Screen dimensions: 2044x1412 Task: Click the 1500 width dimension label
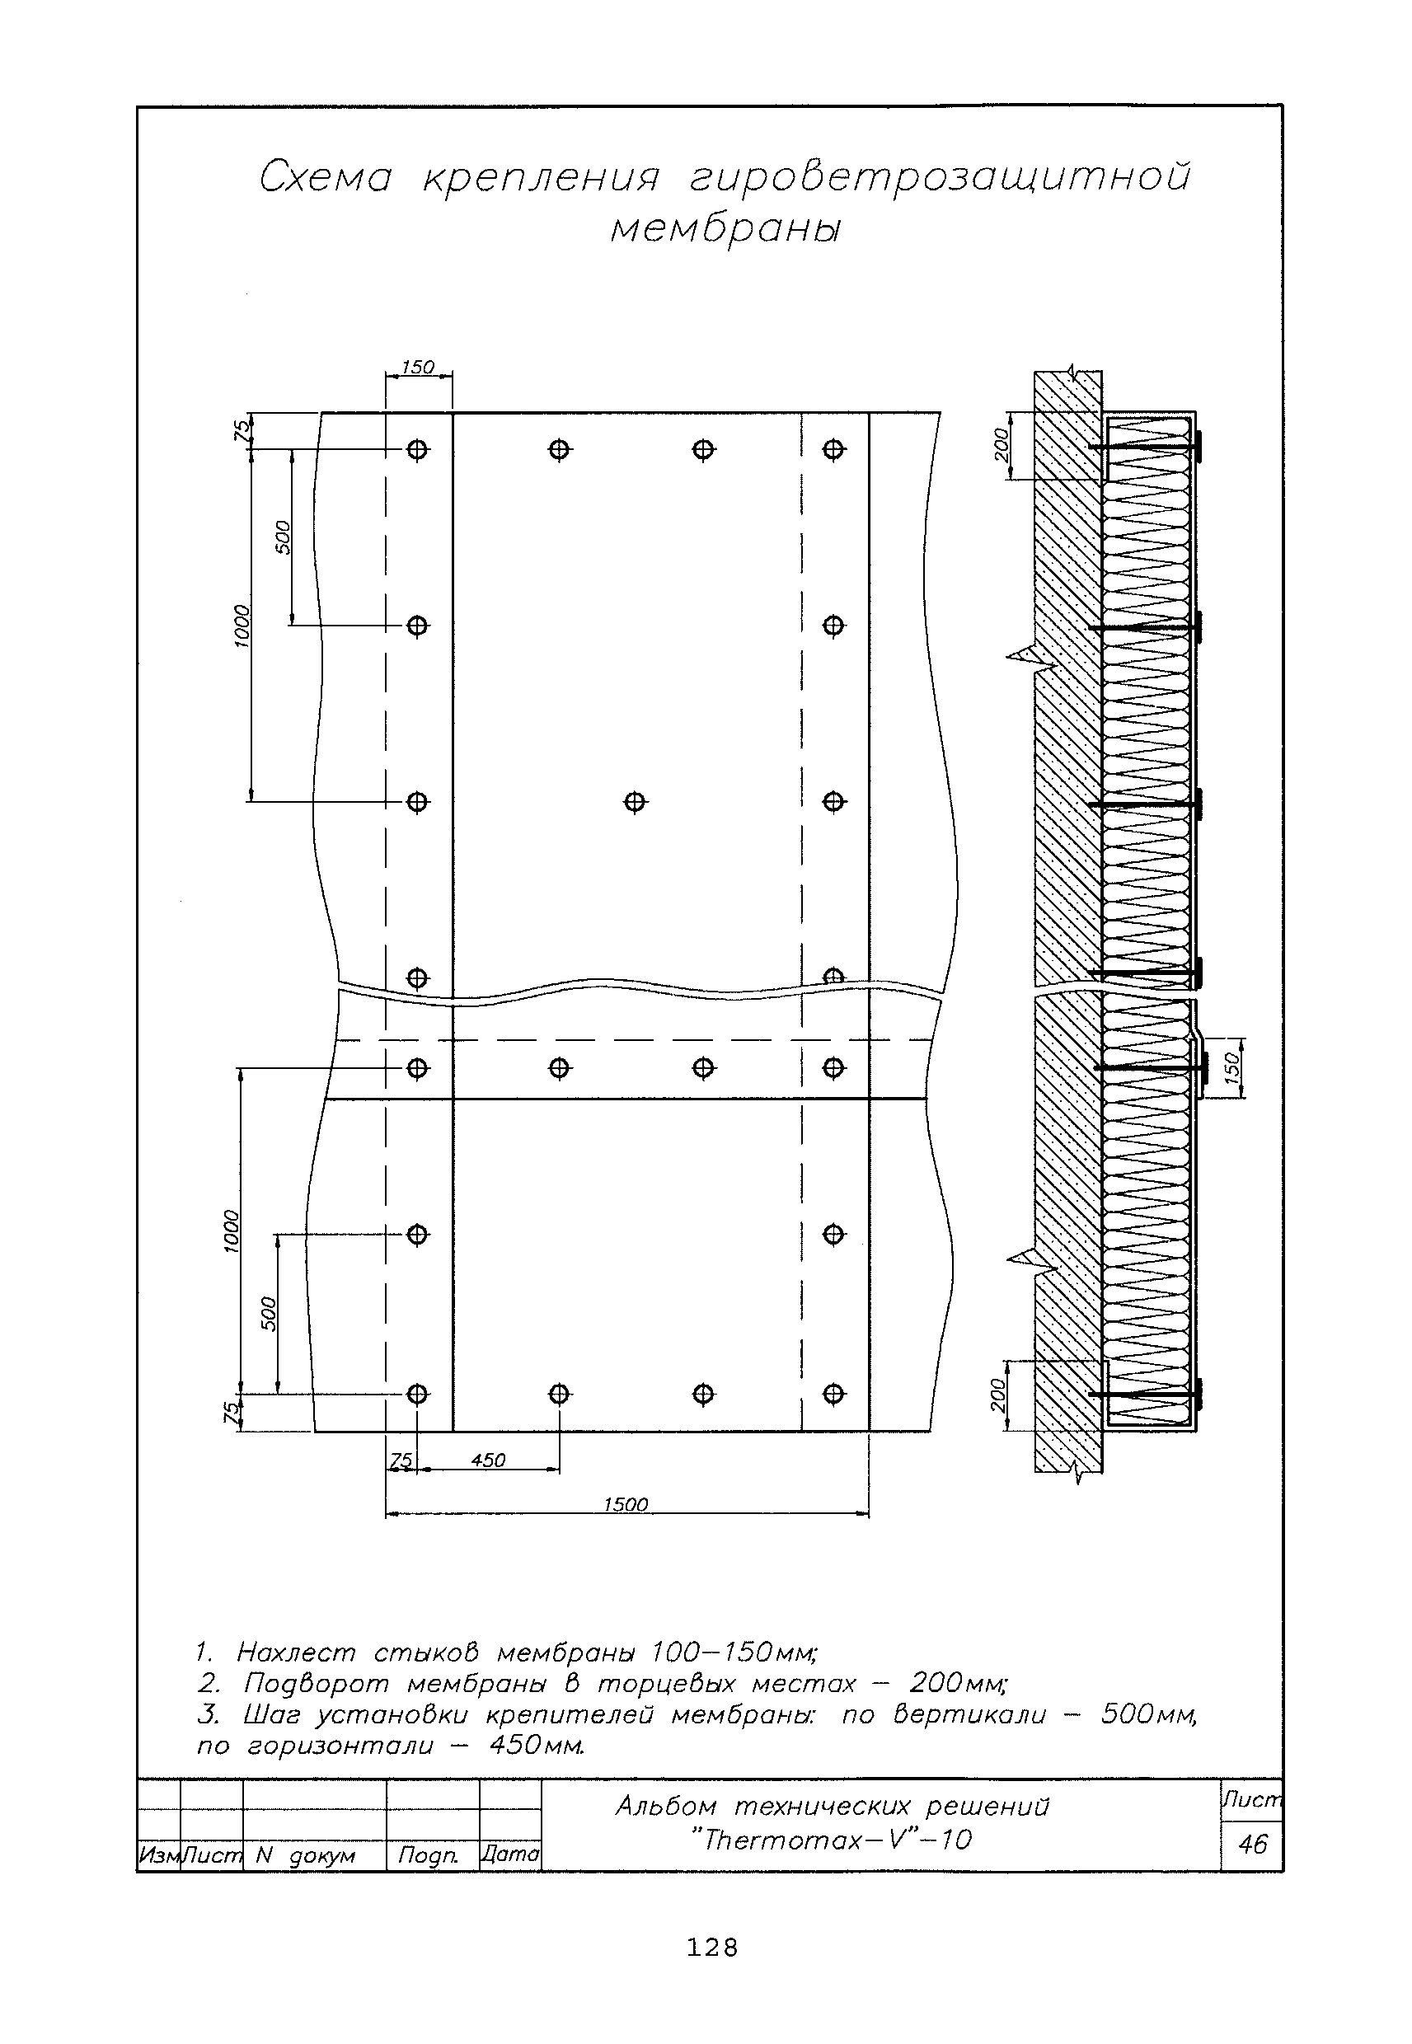626,1504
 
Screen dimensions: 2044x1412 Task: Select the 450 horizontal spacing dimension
488,1460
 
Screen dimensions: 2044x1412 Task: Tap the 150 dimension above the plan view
418,367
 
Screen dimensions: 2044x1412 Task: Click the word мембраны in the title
725,229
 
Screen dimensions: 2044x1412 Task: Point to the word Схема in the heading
326,177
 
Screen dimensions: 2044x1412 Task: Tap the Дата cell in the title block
509,1854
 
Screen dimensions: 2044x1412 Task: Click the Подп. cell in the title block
428,1854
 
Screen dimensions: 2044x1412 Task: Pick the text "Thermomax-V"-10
832,1840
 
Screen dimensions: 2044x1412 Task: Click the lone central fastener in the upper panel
635,802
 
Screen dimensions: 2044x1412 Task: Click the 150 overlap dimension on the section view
1233,1067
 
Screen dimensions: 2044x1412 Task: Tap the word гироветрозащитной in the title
940,177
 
